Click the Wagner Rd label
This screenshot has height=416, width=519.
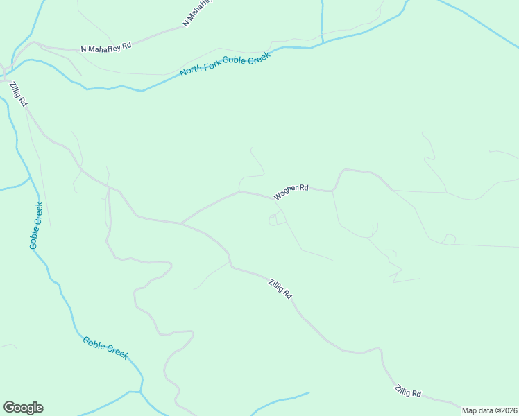click(x=291, y=192)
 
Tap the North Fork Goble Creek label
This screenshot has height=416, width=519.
click(x=224, y=62)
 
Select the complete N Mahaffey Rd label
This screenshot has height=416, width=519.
click(x=106, y=48)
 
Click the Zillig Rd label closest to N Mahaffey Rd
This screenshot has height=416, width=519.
click(x=18, y=94)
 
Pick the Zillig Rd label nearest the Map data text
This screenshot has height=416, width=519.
click(x=407, y=392)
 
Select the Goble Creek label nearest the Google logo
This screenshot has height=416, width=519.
click(x=105, y=347)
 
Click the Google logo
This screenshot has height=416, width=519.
click(x=23, y=408)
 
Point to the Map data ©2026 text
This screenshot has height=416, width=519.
click(x=489, y=410)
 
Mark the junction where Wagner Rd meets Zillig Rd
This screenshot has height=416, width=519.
click(x=181, y=223)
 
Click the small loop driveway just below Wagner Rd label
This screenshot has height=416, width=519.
click(x=277, y=219)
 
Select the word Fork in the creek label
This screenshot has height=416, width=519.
click(x=210, y=65)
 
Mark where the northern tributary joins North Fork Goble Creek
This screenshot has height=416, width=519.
click(x=323, y=43)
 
